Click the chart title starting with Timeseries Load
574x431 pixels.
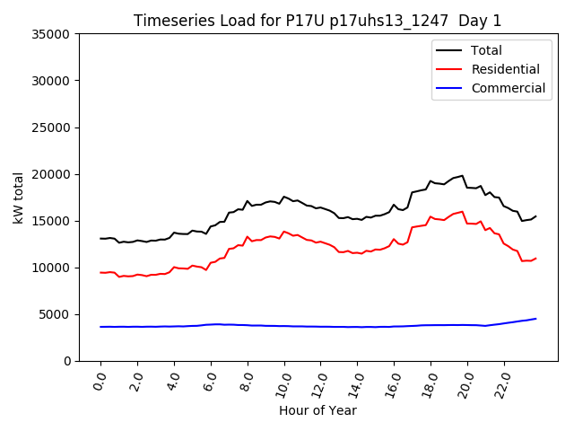click(317, 21)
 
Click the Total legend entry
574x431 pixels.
click(486, 50)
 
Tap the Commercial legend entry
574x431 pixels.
click(508, 88)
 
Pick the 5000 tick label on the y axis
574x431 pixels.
click(57, 314)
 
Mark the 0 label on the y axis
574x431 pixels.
click(68, 361)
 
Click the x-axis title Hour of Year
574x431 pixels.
click(317, 410)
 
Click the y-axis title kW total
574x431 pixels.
click(18, 197)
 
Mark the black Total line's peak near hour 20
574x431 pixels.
click(462, 176)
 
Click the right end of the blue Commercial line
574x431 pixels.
click(535, 319)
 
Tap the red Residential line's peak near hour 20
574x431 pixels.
click(462, 212)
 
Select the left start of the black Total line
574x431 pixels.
click(100, 239)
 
